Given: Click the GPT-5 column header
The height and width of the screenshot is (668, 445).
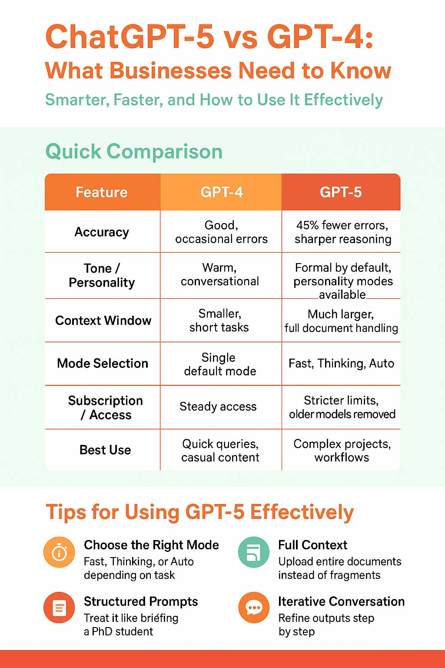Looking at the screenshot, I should [341, 192].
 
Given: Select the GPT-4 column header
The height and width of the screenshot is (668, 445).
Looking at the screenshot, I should [221, 192].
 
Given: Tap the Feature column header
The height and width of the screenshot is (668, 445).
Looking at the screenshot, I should [102, 192].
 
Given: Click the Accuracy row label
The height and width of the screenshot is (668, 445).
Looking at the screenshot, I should [102, 232].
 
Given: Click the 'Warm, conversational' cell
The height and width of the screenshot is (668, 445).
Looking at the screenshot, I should [220, 274].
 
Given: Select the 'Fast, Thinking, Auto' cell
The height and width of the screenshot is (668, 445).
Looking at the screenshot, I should [341, 364].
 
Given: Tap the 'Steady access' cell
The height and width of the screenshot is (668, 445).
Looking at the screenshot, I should [218, 407].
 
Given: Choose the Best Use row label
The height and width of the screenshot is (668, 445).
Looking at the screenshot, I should [105, 450].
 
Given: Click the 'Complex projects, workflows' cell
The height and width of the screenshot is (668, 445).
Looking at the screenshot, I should [342, 451].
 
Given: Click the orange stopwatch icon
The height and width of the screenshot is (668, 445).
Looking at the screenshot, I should [59, 552].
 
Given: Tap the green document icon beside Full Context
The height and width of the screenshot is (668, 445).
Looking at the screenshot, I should [254, 552].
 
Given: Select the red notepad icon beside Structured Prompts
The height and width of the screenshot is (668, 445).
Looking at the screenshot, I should [59, 608].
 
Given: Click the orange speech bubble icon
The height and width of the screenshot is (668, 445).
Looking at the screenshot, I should [254, 608].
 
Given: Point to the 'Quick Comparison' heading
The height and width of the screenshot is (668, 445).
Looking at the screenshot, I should [134, 152].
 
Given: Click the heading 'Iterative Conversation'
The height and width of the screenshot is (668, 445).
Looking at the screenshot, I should [341, 601].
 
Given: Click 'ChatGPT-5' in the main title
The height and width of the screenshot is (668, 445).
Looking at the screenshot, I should [130, 37].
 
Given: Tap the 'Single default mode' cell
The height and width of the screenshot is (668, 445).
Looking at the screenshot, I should [220, 364].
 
